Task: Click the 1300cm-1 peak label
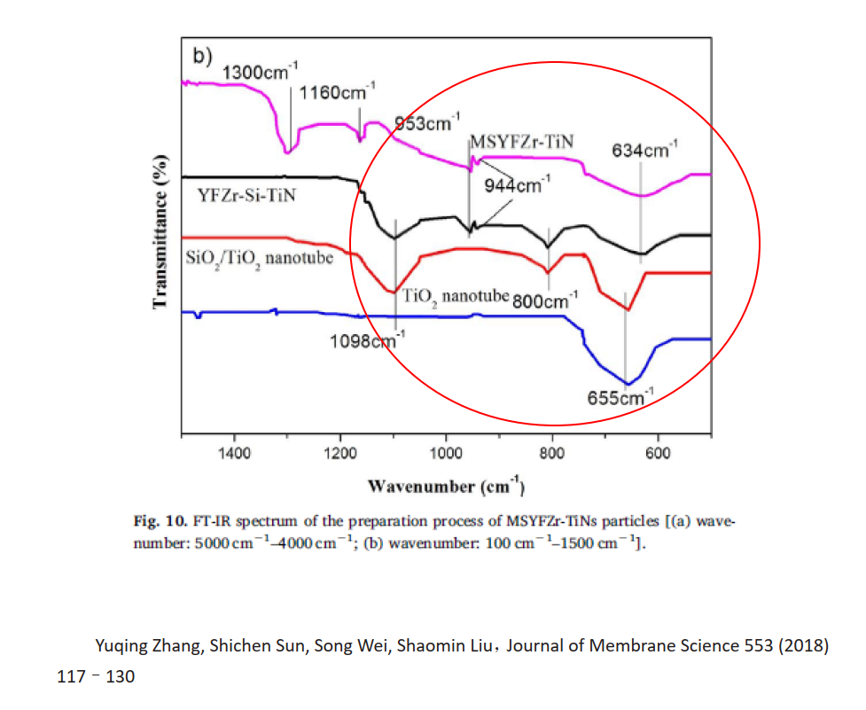coord(261,73)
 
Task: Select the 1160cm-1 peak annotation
coord(338,92)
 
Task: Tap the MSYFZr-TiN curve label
coord(522,142)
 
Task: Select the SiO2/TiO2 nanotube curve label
coord(252,259)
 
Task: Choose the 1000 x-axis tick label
coord(446,452)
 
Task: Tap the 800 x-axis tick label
coord(551,452)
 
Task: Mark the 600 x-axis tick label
coord(658,452)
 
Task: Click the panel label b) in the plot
coord(203,55)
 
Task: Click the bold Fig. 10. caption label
coord(157,519)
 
